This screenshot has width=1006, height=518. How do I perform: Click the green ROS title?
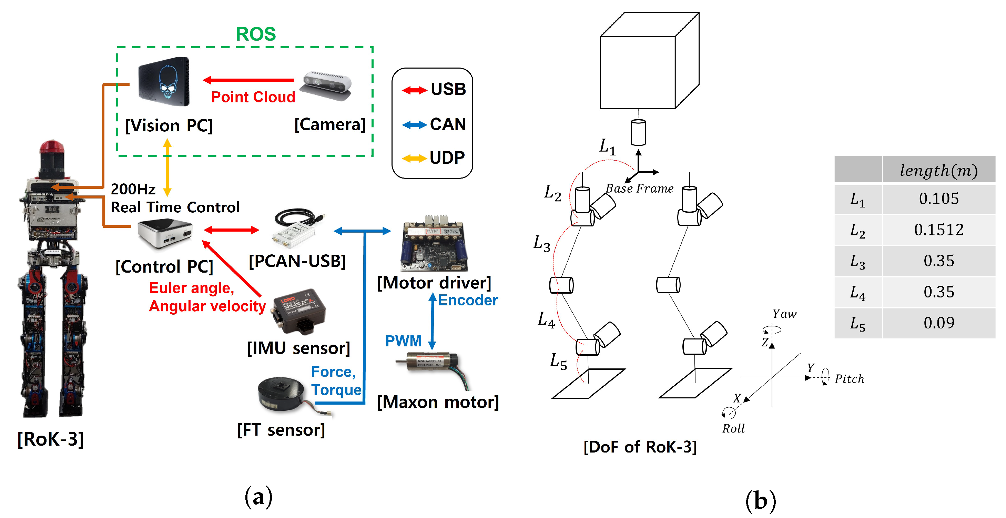click(x=256, y=34)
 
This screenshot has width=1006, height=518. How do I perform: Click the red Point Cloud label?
click(x=253, y=97)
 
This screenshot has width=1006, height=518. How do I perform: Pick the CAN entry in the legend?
click(x=448, y=124)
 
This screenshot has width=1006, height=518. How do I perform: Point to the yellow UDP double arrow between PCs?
click(x=167, y=167)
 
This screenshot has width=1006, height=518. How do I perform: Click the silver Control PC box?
click(x=164, y=233)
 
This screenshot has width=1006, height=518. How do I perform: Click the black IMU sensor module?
click(x=299, y=311)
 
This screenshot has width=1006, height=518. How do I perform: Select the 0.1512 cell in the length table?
click(x=938, y=230)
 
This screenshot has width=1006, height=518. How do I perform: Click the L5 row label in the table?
click(x=857, y=323)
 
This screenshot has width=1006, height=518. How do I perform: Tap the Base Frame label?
click(x=639, y=189)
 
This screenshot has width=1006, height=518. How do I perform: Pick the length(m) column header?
click(x=938, y=170)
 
